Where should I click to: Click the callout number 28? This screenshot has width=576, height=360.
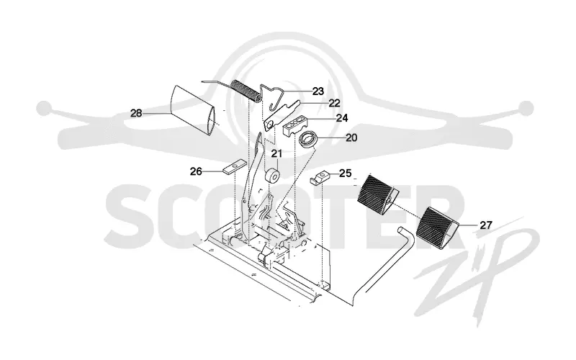click(136, 113)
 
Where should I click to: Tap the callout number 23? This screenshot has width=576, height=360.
click(318, 91)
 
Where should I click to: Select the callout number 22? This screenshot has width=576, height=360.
click(334, 103)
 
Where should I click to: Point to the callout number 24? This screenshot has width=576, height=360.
click(342, 118)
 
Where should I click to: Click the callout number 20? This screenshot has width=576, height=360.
click(351, 138)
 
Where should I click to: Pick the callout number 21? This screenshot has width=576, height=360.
click(277, 153)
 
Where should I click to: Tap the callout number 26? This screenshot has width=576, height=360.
click(196, 171)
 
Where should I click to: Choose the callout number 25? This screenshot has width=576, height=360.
click(346, 173)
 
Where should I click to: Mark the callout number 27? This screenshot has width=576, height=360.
click(486, 225)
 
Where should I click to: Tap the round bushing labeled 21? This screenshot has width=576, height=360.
click(273, 176)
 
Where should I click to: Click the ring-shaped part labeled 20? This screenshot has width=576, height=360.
click(307, 140)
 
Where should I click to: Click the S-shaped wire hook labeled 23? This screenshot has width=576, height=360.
click(275, 97)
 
